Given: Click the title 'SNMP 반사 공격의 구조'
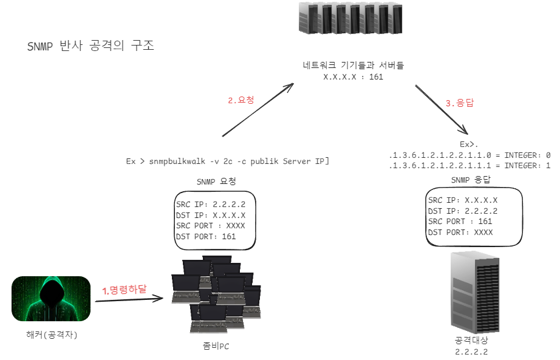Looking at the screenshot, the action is [90, 47].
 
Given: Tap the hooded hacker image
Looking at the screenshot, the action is [51, 299].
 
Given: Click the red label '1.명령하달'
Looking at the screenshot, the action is [125, 290].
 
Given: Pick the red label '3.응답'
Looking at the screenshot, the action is [460, 103].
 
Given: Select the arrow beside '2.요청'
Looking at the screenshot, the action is [258, 110].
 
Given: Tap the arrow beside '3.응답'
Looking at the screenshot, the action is [441, 109].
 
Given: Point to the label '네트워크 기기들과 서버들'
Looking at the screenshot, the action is [353, 66].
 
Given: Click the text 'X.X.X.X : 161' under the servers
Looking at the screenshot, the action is [353, 77].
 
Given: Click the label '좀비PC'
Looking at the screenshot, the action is [216, 346].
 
